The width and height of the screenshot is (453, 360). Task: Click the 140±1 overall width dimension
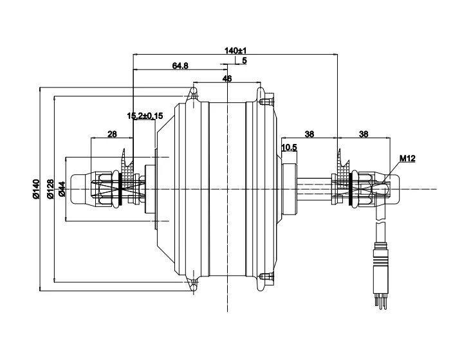click(236, 51)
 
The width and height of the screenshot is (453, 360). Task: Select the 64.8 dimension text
click(180, 66)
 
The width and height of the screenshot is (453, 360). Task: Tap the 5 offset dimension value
click(245, 60)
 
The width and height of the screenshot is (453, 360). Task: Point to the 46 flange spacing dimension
click(227, 78)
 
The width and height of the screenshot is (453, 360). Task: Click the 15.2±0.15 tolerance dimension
click(145, 116)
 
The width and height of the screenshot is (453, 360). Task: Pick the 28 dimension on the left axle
click(112, 134)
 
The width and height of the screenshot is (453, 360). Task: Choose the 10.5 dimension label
click(289, 147)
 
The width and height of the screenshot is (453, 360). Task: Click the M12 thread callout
click(407, 158)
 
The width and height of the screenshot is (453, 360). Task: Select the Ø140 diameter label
click(36, 189)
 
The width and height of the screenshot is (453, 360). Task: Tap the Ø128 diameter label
click(50, 189)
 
